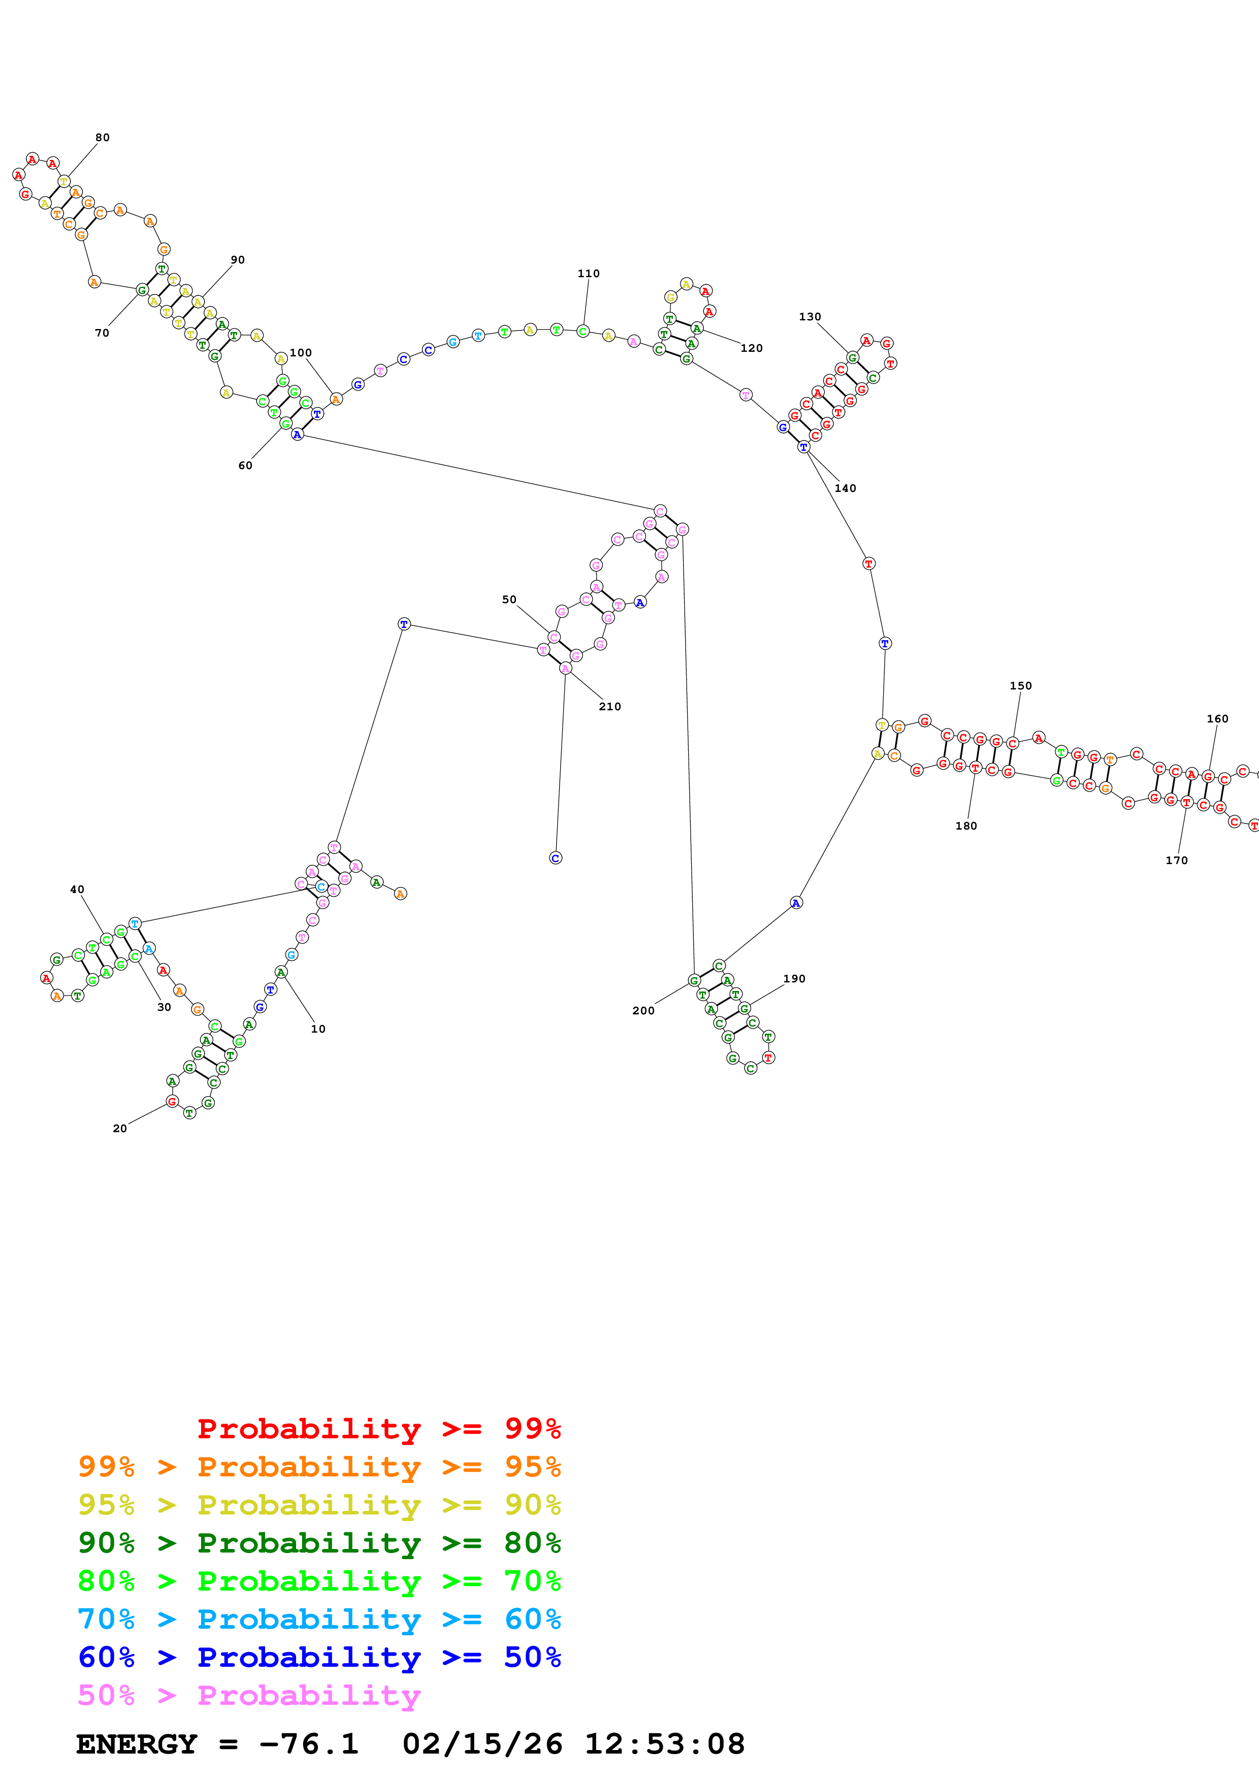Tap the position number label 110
[588, 274]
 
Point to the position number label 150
[1020, 686]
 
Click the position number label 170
[1176, 860]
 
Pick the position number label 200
[643, 1010]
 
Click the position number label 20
[119, 1129]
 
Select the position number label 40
[77, 889]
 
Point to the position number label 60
[245, 466]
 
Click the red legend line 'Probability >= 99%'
[378, 1429]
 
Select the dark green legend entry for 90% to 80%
[319, 1543]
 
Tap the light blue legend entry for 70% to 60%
[319, 1619]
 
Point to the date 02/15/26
[482, 1744]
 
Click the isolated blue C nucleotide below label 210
[556, 858]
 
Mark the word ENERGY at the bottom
[137, 1744]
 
